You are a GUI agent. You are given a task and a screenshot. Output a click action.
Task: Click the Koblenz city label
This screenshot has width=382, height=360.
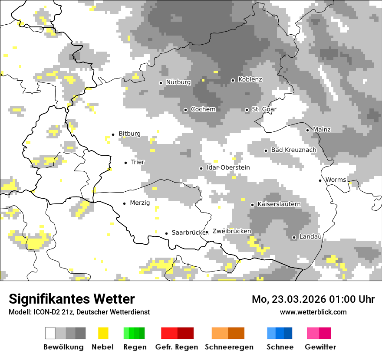(x=250, y=80)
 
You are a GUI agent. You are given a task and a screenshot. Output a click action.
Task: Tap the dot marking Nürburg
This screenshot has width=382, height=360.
(x=161, y=82)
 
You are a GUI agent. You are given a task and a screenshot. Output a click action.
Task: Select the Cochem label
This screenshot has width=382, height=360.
(x=203, y=109)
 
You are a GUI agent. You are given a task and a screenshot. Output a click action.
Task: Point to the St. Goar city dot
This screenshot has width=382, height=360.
(x=247, y=110)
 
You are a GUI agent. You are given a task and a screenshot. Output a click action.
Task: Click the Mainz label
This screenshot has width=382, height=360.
(x=322, y=130)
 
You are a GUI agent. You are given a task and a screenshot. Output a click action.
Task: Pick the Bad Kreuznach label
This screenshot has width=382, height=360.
(x=293, y=150)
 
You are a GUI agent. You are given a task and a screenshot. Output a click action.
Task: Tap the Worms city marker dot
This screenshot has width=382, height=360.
(x=320, y=180)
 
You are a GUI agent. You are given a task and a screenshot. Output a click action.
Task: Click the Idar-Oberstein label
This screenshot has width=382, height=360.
(x=228, y=168)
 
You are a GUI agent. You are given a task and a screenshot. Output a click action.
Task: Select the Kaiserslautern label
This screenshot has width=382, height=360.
(x=279, y=204)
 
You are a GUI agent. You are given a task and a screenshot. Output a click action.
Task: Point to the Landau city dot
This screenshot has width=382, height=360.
(x=294, y=237)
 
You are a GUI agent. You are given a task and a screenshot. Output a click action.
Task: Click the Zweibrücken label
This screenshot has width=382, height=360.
(x=231, y=232)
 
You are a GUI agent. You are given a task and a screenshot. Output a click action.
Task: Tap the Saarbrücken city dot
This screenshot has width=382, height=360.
(x=166, y=233)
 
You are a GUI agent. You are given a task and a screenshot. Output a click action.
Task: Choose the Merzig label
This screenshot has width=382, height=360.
(x=140, y=203)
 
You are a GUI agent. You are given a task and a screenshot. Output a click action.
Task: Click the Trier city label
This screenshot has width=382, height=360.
(x=138, y=162)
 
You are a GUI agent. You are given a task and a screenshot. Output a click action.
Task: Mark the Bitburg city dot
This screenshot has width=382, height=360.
(x=113, y=134)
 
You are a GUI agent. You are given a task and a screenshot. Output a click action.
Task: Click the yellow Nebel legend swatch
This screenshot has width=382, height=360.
(x=103, y=333)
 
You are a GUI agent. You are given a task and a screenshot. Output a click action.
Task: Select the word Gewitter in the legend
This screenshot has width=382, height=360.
(x=320, y=347)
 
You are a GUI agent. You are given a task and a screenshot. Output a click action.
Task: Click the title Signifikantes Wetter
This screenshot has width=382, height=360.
(x=72, y=299)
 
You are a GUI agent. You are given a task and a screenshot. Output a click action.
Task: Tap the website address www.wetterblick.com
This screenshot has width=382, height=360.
(x=313, y=312)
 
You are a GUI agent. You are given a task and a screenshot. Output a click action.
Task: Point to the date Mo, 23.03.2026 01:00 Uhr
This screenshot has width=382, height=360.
(x=313, y=299)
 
